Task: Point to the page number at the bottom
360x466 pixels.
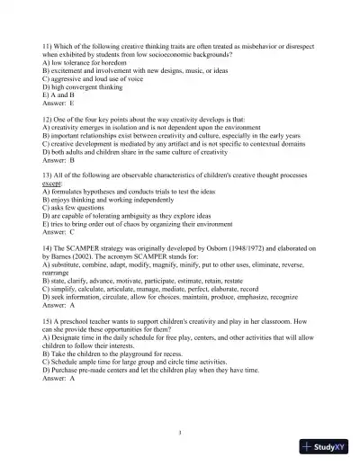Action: click(x=180, y=432)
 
